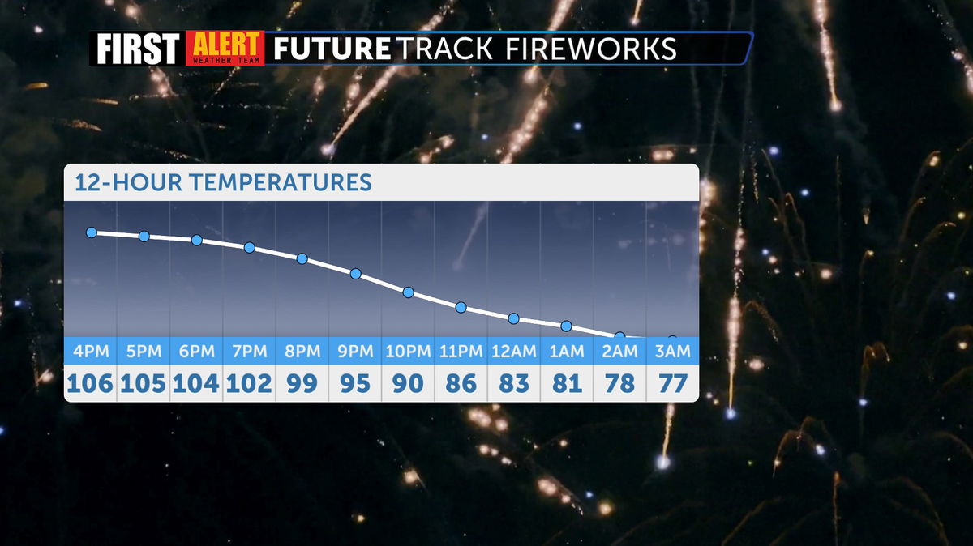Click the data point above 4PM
tap(91, 232)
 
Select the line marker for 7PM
tap(250, 247)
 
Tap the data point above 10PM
tap(409, 292)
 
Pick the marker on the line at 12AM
tap(513, 318)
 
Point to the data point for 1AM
tap(567, 326)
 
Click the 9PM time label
tap(355, 351)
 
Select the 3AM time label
tap(672, 351)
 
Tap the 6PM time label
tap(197, 351)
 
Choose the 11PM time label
tap(461, 351)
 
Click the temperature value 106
tap(90, 383)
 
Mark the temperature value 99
tap(302, 383)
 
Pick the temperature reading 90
tap(408, 383)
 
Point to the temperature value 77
tap(673, 383)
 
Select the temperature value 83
tap(514, 383)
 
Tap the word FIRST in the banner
tap(138, 48)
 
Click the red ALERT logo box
tap(225, 48)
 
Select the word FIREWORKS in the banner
tap(591, 48)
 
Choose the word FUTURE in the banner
tap(332, 48)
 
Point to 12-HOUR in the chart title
tap(128, 182)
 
